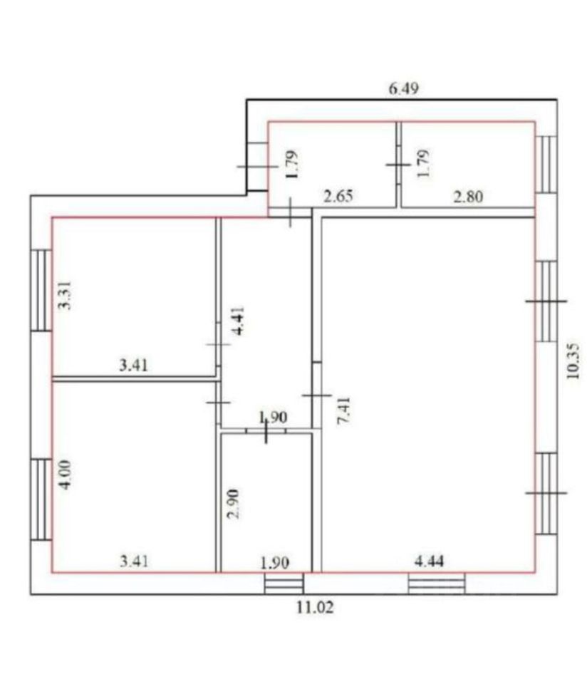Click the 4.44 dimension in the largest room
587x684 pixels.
pos(430,561)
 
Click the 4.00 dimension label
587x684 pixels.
pos(65,474)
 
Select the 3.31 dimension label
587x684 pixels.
pos(65,296)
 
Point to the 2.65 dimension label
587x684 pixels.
pos(338,197)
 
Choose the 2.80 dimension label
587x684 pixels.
pos(469,197)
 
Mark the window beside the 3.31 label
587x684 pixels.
pos(41,290)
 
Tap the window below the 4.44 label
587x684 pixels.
pos(436,584)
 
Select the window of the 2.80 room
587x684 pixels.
pos(546,164)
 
